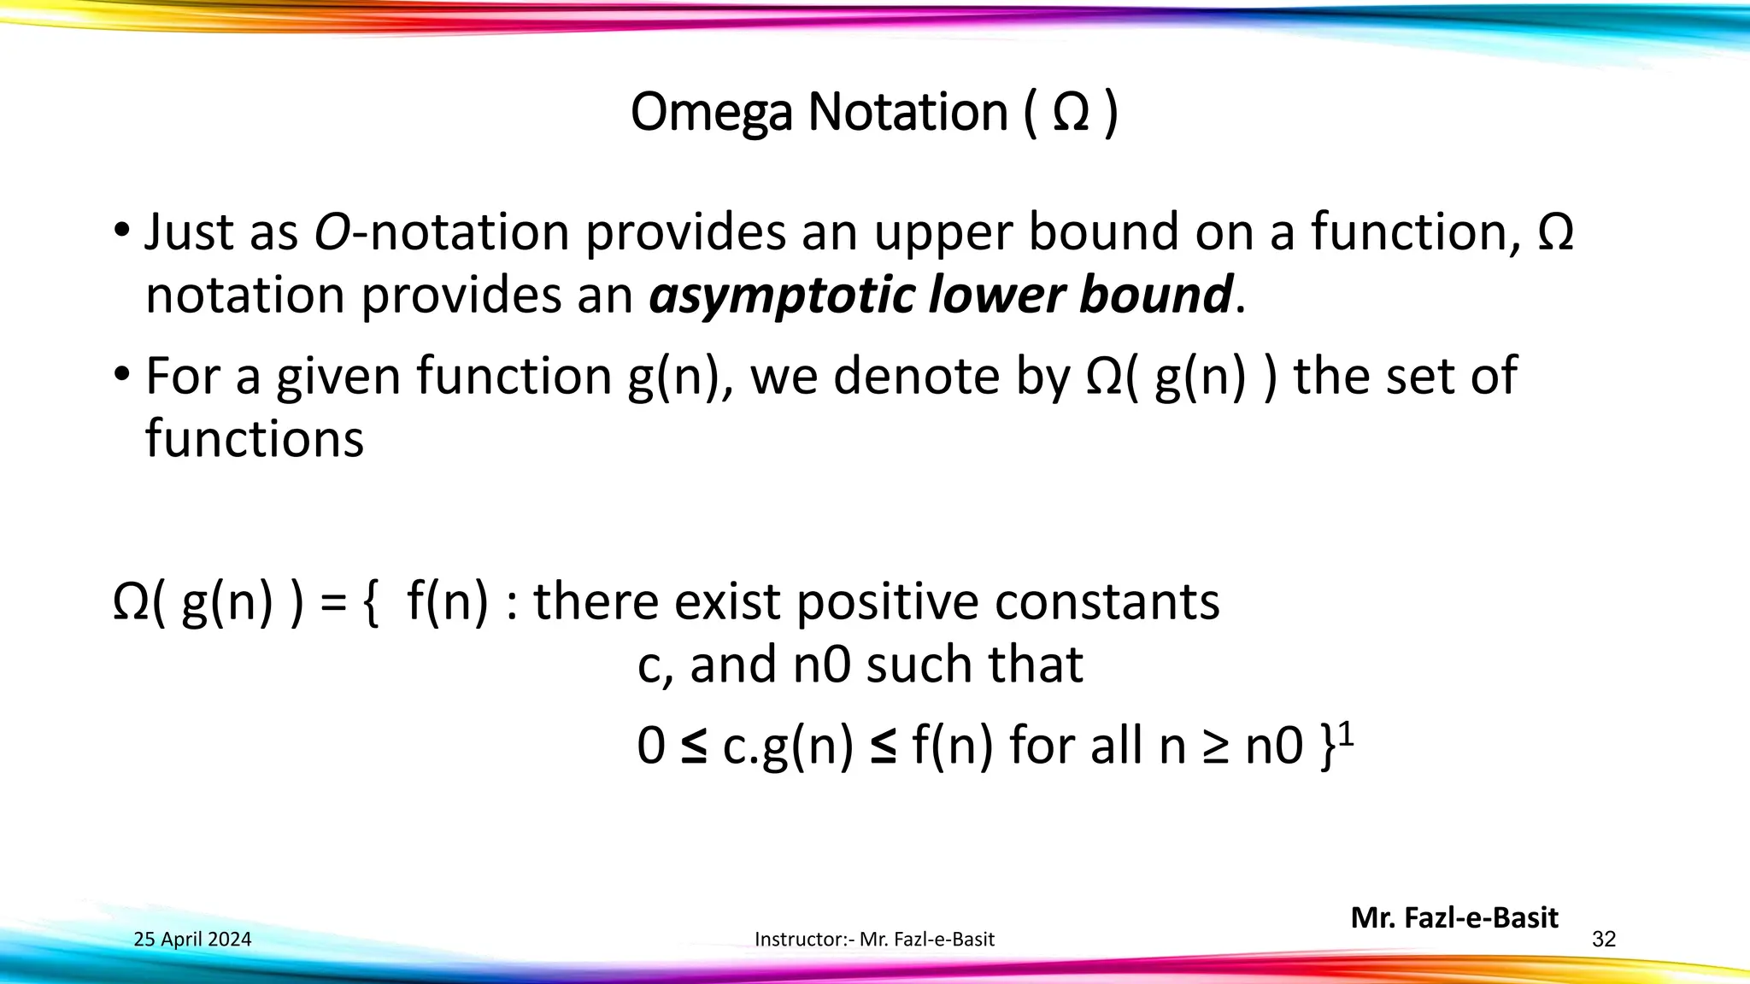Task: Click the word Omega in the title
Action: click(711, 113)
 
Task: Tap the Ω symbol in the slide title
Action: click(1072, 113)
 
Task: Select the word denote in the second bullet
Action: click(917, 376)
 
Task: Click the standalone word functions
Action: click(255, 439)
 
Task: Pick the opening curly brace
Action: click(370, 603)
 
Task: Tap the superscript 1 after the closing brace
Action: click(1346, 733)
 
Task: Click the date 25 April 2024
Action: click(192, 940)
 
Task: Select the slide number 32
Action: click(1604, 940)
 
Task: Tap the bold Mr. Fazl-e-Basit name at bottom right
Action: click(1454, 917)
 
